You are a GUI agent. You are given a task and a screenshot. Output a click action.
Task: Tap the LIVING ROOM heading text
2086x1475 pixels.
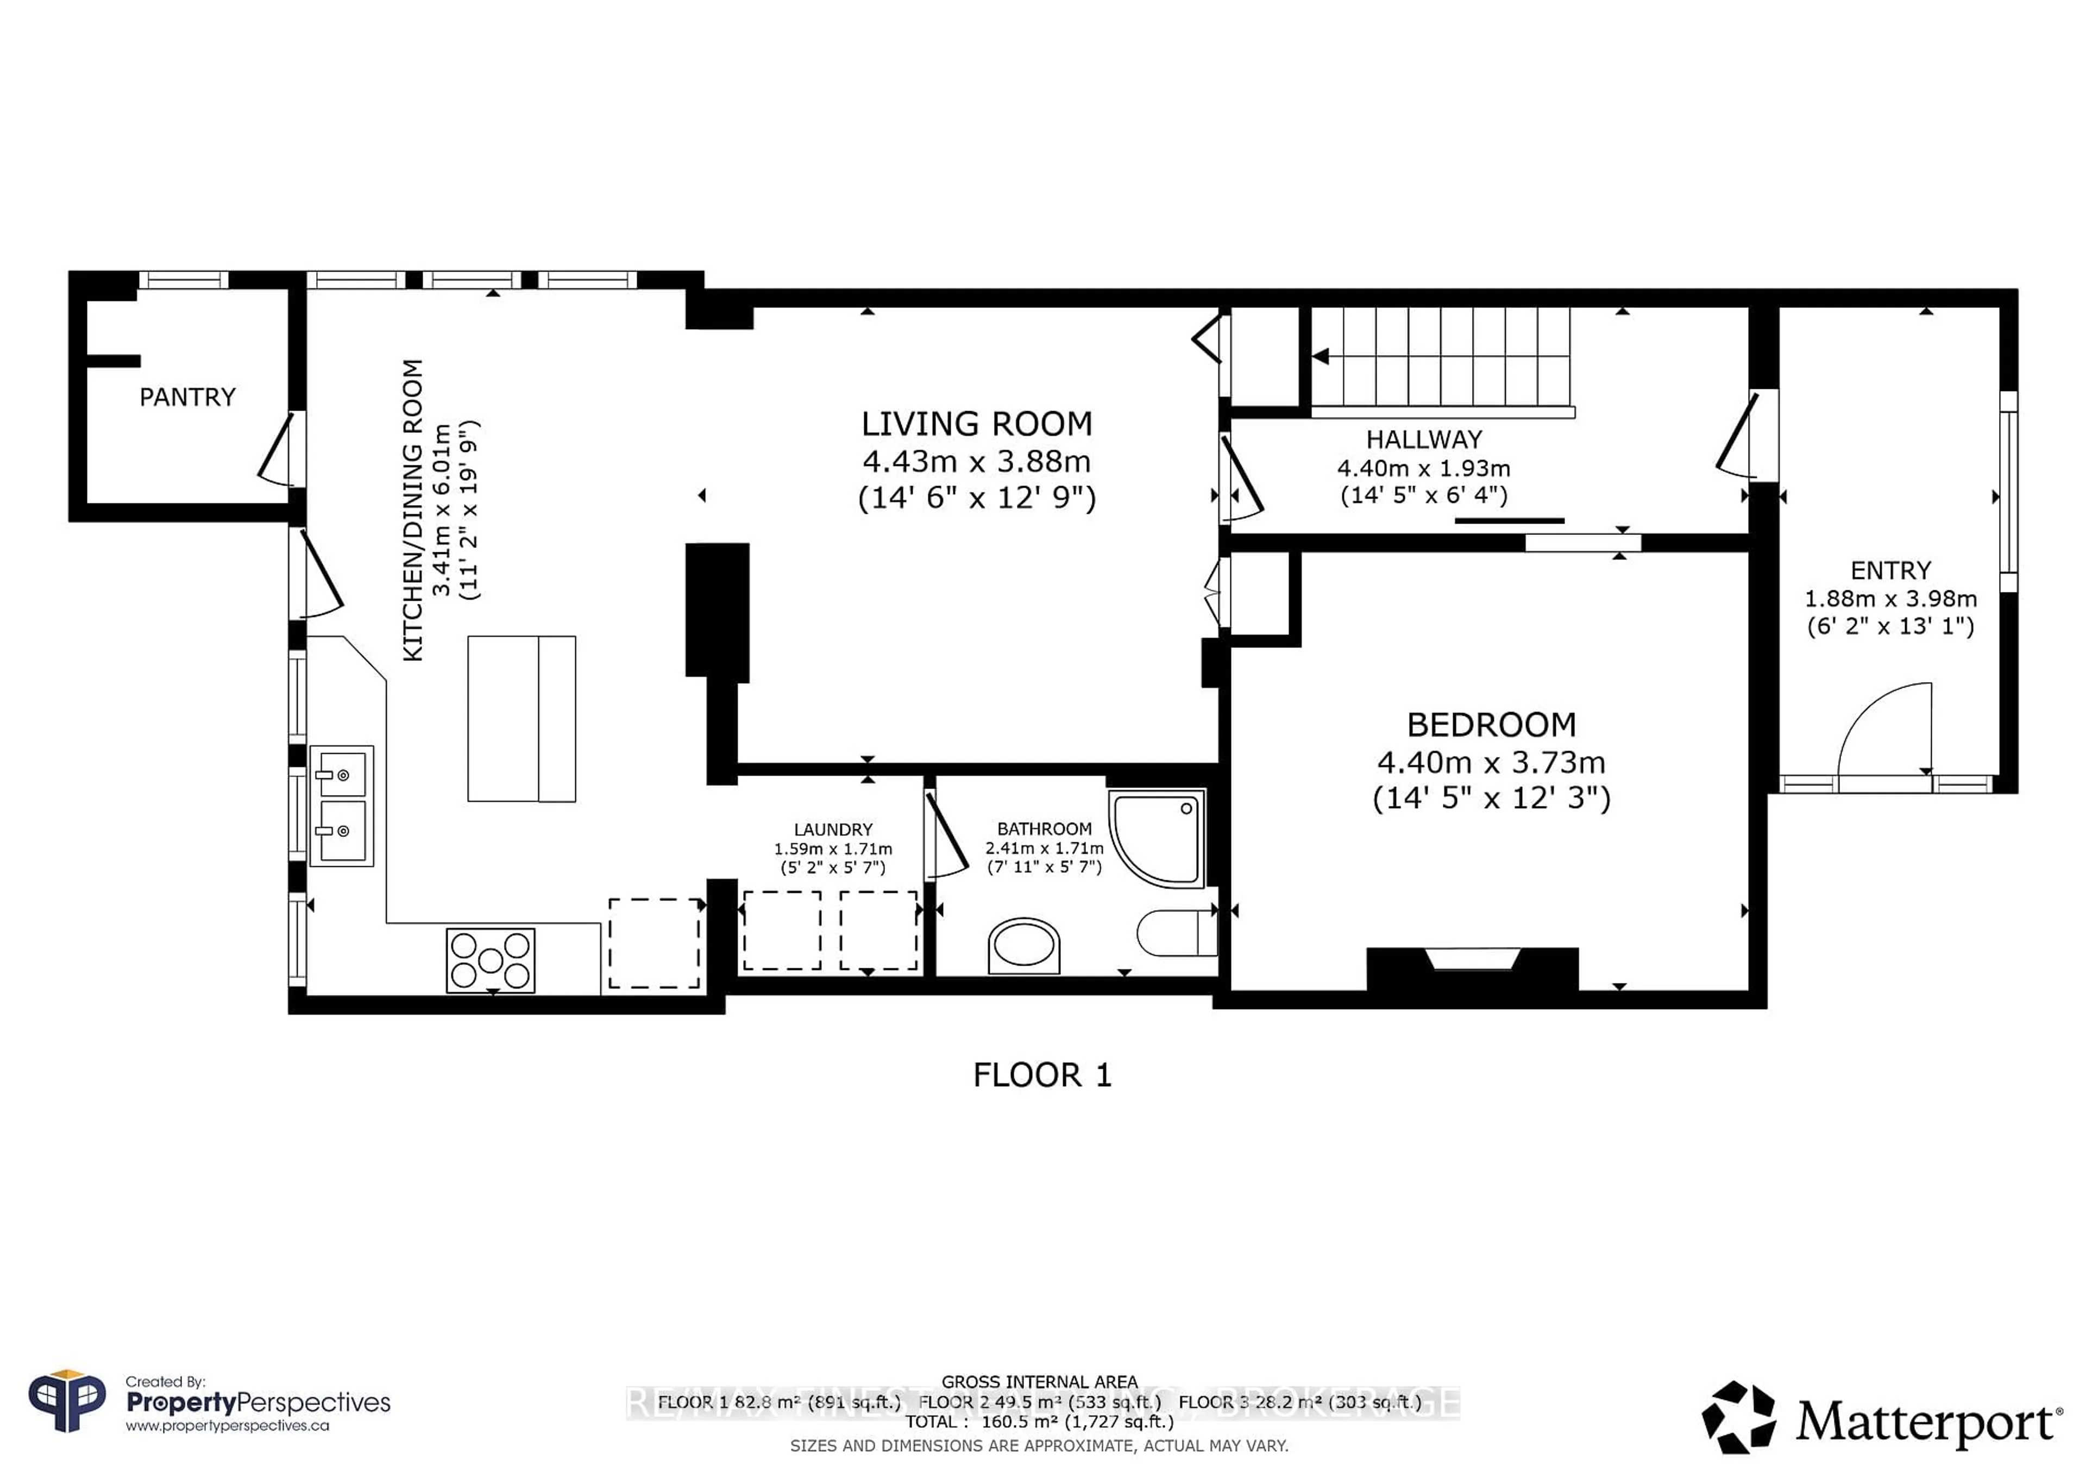977,424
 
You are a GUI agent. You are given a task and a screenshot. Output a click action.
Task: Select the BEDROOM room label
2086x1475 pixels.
1491,725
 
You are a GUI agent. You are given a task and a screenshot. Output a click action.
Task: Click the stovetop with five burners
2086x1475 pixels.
491,960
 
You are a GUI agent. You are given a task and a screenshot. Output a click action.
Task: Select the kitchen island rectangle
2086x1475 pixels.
521,718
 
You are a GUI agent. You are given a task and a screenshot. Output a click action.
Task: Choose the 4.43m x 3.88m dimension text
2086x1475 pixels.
977,462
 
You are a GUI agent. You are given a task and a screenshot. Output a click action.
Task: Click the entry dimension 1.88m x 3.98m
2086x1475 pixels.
1890,598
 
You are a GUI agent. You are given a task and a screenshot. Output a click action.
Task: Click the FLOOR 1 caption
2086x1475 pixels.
1042,1075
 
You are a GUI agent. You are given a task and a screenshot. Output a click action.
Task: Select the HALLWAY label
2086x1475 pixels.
1424,439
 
